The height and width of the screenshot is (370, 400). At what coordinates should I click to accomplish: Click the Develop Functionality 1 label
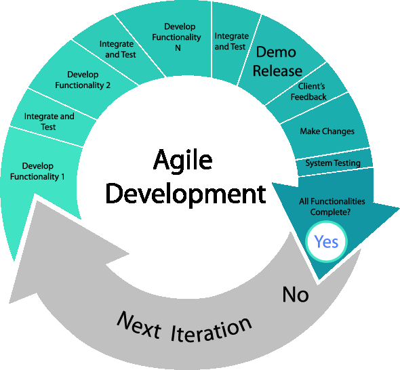(37, 171)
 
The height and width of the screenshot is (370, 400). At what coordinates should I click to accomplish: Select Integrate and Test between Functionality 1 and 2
(49, 121)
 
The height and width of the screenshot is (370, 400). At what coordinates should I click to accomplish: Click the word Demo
(276, 52)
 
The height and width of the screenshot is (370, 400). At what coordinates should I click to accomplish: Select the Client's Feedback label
(308, 91)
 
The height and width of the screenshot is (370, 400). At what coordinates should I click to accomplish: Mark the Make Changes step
(327, 131)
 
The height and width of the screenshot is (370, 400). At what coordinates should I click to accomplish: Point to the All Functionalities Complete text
(332, 206)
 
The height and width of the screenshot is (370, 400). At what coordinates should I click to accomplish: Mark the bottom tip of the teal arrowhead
(316, 281)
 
